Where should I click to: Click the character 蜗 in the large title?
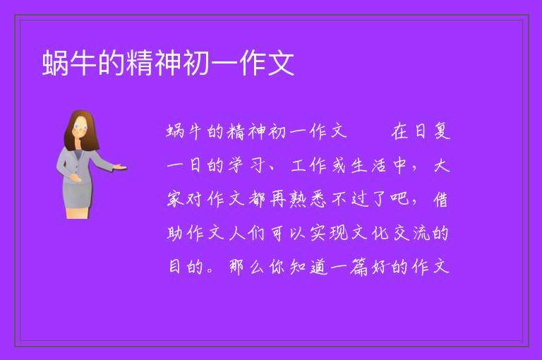coord(55,63)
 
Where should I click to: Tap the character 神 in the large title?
coord(168,63)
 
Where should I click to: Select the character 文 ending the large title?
coord(281,63)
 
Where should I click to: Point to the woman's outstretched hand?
coord(119,167)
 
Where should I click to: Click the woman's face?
coord(80,126)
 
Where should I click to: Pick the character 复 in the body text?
coord(442,131)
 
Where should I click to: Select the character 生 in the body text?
coord(359,165)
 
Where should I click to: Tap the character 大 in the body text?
coord(441,165)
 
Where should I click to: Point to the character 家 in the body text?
coord(175,199)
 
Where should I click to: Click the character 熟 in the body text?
coord(297,199)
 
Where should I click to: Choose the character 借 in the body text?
coord(440,199)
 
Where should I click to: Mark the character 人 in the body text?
coord(236,233)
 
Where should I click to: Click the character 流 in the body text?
coord(421,233)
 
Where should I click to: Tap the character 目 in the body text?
coord(175,267)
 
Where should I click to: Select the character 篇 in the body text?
coord(359,267)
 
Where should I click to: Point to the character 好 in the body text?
coord(380,267)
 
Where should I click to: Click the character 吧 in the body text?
coord(399,199)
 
